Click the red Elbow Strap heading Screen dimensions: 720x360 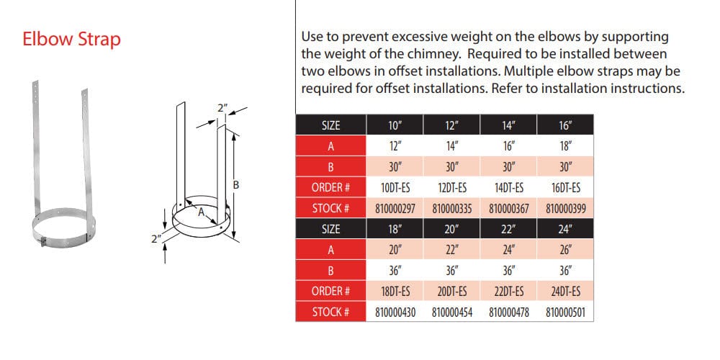[71, 40]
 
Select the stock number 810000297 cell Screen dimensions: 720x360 [395, 209]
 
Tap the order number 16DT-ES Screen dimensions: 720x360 [564, 188]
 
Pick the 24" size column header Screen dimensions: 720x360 [564, 229]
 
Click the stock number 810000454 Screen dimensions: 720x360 [452, 312]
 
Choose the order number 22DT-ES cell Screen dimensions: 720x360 [508, 291]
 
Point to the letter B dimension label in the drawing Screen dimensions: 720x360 [236, 185]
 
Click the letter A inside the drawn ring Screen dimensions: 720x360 [201, 212]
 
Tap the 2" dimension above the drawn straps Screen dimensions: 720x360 [222, 109]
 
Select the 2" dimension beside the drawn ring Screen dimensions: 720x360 [156, 239]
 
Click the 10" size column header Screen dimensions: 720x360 [395, 125]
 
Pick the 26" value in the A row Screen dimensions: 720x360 [564, 250]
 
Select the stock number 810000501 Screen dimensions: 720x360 [564, 312]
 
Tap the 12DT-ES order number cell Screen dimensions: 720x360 [452, 188]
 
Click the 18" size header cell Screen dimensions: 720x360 [395, 229]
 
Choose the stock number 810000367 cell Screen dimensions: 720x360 [508, 209]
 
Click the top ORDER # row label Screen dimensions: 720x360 [330, 188]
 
